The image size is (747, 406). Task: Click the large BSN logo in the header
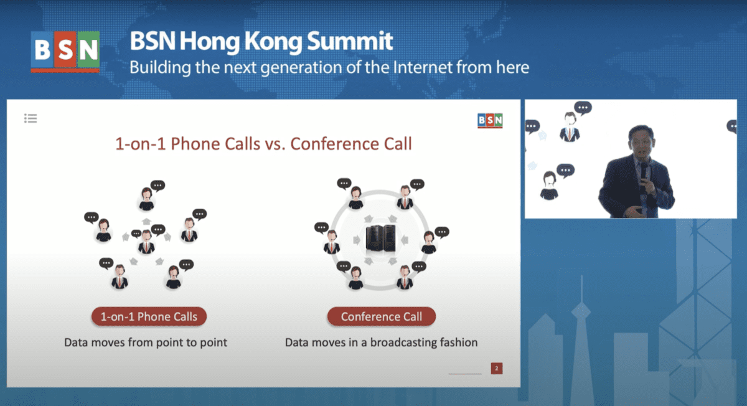pos(65,52)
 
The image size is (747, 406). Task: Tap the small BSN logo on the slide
pos(490,120)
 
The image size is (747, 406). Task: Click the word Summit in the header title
pos(350,41)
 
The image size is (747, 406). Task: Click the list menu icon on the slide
pos(31,118)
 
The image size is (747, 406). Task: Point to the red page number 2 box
pos(497,368)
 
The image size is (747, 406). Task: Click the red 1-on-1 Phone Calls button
pos(149,316)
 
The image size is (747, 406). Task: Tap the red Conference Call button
pos(382,316)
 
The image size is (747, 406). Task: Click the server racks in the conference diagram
pos(380,238)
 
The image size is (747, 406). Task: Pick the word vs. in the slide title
pos(275,144)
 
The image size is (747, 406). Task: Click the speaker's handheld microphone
pos(644,174)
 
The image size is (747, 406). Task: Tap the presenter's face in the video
pos(641,142)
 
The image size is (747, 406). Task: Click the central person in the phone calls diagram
pos(146,242)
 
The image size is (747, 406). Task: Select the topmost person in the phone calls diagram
pos(146,199)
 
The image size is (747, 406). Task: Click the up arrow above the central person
pos(146,221)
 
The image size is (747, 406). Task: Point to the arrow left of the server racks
pos(357,240)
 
